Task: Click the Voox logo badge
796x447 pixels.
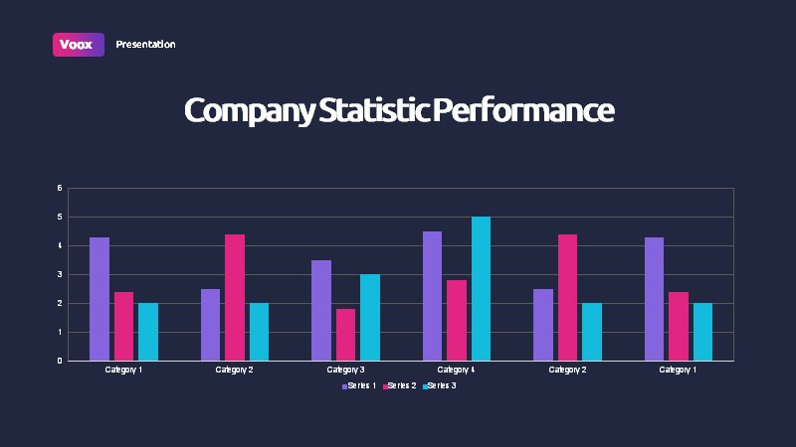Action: [x=79, y=45]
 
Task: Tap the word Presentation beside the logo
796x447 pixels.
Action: [x=145, y=45]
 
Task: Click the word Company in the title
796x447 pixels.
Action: [x=250, y=111]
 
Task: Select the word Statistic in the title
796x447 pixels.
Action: [x=374, y=110]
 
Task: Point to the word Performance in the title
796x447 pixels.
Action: [x=523, y=110]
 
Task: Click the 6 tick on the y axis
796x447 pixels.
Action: [x=60, y=188]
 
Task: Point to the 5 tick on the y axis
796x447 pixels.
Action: [x=60, y=217]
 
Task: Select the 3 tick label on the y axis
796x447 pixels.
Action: [x=60, y=275]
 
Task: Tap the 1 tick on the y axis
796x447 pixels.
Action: [x=60, y=333]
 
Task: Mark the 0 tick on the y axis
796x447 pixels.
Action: [x=60, y=361]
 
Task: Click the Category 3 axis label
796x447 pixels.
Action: [x=345, y=370]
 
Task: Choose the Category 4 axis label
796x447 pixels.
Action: [x=456, y=370]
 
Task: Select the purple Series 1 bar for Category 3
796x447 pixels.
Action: [x=321, y=311]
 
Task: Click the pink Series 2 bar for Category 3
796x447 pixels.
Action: [x=345, y=335]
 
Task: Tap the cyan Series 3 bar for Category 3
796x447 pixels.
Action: [x=370, y=318]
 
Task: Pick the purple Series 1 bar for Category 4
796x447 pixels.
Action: [x=432, y=296]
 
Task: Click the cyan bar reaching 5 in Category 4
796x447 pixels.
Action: [x=482, y=289]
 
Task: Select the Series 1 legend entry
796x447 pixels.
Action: [x=359, y=385]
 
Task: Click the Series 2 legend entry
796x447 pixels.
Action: [x=400, y=385]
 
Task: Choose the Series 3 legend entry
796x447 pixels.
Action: [x=440, y=385]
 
